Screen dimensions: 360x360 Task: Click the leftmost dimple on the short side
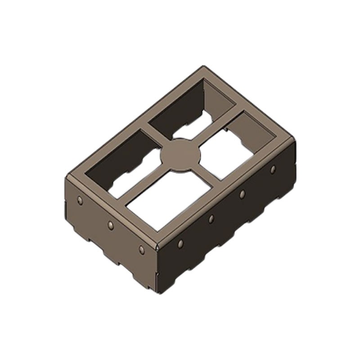(x=80, y=200)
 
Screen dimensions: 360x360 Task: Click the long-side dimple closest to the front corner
(x=180, y=243)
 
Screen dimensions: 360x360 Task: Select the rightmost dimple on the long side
(x=273, y=170)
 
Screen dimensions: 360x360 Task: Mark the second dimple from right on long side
(x=242, y=194)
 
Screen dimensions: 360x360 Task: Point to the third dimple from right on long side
(x=211, y=219)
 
